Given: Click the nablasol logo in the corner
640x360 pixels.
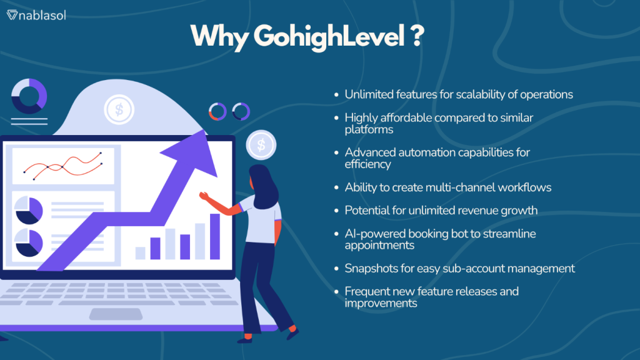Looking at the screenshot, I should click(36, 15).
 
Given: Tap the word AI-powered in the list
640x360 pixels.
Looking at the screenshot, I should click(374, 233).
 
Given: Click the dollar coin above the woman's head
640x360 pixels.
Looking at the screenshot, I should click(261, 146).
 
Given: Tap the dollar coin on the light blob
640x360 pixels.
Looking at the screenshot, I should click(117, 109).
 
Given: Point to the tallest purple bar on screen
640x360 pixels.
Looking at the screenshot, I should click(214, 236).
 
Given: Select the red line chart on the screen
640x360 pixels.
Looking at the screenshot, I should click(62, 166).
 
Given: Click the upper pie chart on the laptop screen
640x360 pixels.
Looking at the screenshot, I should click(28, 209).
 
